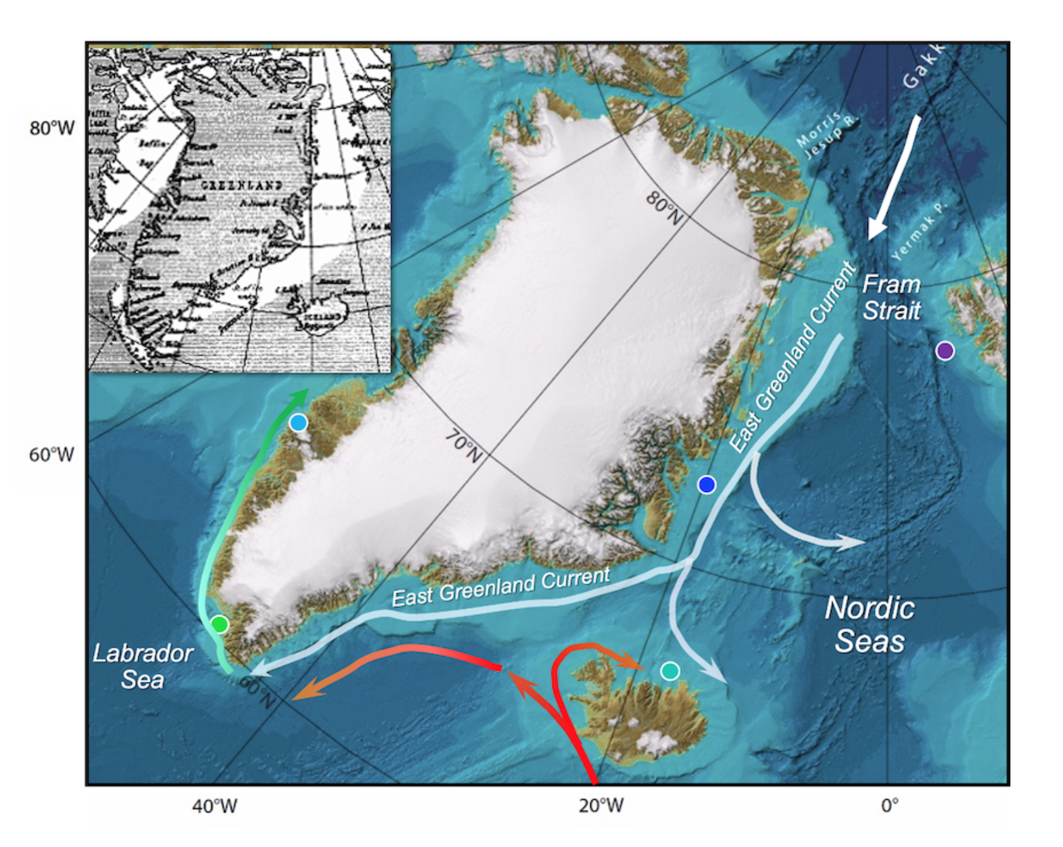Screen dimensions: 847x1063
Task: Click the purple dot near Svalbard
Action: pos(944,351)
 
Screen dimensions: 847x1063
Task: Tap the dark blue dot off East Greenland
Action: pos(707,484)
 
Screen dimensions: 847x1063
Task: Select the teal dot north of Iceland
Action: pos(669,670)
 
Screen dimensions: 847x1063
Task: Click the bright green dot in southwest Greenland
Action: pos(220,624)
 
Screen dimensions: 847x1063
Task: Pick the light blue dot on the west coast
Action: pos(298,423)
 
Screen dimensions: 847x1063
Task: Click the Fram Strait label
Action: pos(891,297)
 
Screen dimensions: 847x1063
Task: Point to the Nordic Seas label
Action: pos(870,624)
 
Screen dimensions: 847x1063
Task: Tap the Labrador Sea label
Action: pos(143,666)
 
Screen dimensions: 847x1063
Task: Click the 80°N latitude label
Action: pos(664,208)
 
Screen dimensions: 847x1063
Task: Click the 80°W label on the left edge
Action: pos(52,128)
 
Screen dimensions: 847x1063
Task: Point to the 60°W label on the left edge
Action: pos(52,454)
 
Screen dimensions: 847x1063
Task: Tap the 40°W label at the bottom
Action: pos(214,805)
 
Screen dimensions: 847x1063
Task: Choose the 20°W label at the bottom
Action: pos(601,805)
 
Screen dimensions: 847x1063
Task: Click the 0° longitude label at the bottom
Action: pos(889,805)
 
